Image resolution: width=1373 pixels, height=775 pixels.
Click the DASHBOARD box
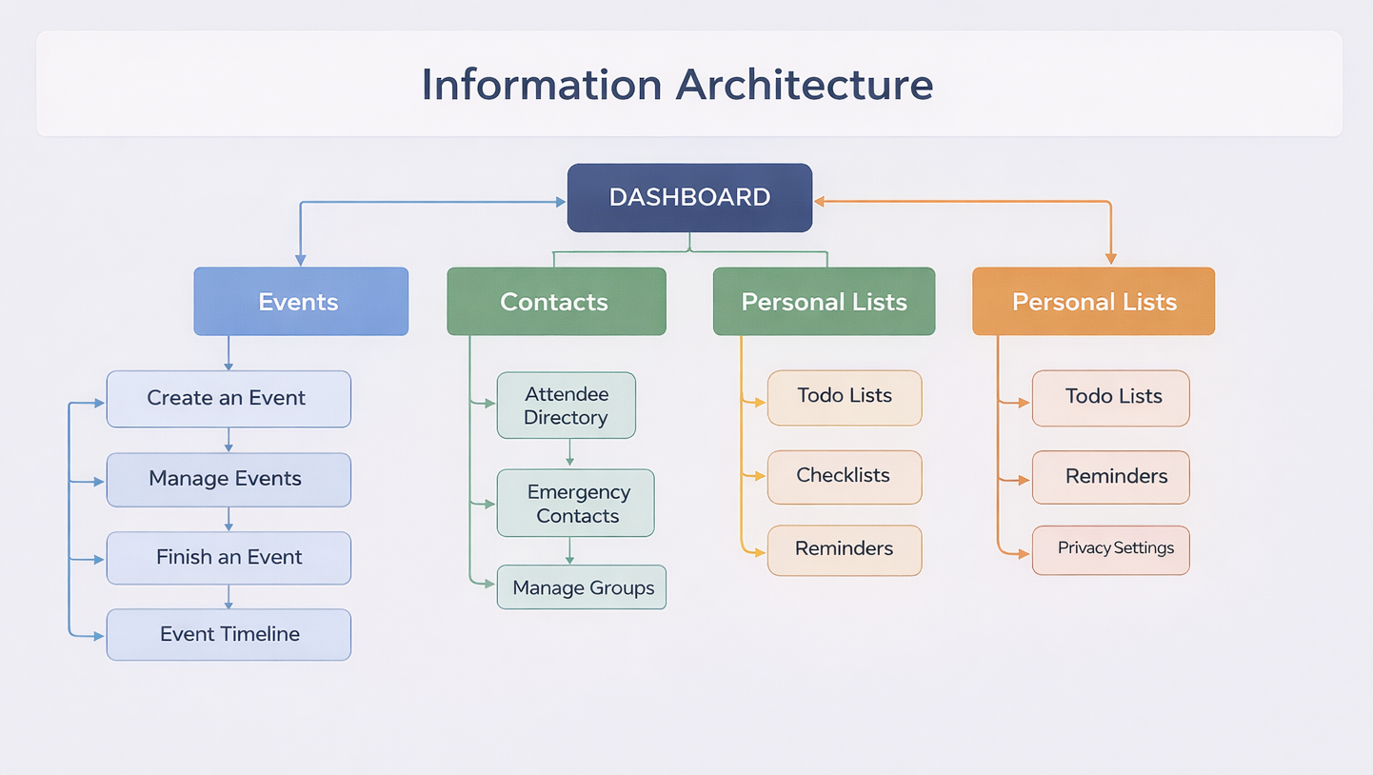[x=689, y=198]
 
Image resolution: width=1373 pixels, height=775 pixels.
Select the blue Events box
[x=301, y=302]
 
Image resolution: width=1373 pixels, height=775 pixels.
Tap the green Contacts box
[x=556, y=302]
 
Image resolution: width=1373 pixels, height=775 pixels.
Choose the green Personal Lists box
[x=824, y=302]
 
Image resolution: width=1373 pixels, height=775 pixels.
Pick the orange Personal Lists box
[x=1093, y=302]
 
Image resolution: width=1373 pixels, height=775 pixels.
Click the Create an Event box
[x=229, y=399]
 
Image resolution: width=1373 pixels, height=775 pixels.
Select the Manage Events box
[x=229, y=479]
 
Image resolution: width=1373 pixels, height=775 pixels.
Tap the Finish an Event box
[x=229, y=558]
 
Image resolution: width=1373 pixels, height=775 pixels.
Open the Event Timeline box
[x=229, y=635]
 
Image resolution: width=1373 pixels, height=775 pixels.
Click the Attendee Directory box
[x=567, y=406]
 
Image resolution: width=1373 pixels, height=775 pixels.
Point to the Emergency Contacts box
[x=576, y=504]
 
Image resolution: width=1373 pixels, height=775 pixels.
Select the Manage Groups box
[x=582, y=587]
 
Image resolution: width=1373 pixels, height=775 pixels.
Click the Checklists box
[x=845, y=476]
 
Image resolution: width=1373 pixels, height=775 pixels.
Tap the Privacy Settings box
[x=1111, y=549]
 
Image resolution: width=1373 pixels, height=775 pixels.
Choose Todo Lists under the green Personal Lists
[x=845, y=397]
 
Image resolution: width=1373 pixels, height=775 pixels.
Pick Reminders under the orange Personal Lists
[x=1111, y=477]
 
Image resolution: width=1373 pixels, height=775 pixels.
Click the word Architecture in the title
[x=805, y=85]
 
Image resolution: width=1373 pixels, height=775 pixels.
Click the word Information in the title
[x=542, y=85]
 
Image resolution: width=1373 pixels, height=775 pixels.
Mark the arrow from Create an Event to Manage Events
[x=229, y=440]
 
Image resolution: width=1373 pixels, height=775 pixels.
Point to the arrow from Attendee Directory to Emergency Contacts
[x=569, y=453]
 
